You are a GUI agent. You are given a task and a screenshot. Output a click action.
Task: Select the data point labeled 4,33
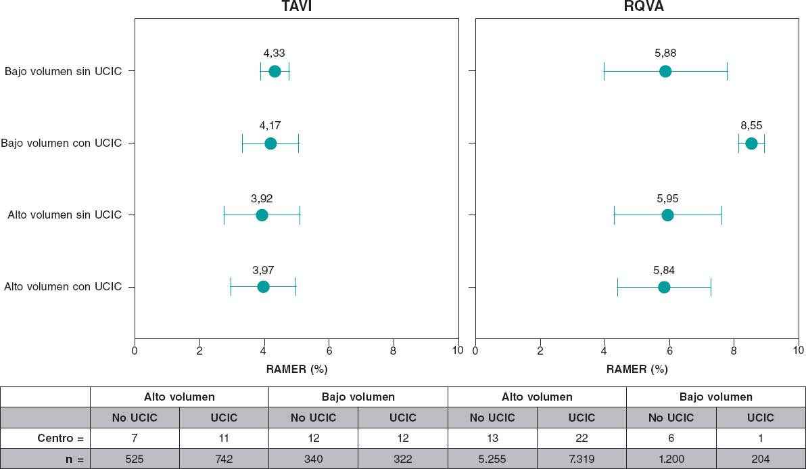275,71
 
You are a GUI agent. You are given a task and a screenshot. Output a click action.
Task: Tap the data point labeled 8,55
751,143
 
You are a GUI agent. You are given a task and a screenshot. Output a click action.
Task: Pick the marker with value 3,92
262,215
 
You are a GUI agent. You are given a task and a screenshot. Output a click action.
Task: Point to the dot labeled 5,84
664,287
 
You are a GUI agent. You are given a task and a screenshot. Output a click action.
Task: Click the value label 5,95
667,199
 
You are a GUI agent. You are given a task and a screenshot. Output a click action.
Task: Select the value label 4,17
270,126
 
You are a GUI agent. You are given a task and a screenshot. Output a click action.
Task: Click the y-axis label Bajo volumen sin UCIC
63,71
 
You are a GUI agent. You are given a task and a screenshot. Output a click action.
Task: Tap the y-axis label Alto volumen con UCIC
63,287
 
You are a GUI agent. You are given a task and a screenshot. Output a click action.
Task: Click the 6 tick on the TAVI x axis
329,351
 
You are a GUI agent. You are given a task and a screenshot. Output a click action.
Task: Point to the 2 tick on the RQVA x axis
540,351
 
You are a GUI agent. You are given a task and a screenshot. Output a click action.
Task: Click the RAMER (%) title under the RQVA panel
637,370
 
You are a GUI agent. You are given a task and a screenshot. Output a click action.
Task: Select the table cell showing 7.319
582,459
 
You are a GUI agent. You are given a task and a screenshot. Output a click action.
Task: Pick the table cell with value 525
135,459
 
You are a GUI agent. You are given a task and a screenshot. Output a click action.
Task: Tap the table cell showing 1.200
671,459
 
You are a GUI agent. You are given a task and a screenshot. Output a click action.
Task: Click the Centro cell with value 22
582,438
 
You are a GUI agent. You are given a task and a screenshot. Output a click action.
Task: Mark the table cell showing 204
760,459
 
